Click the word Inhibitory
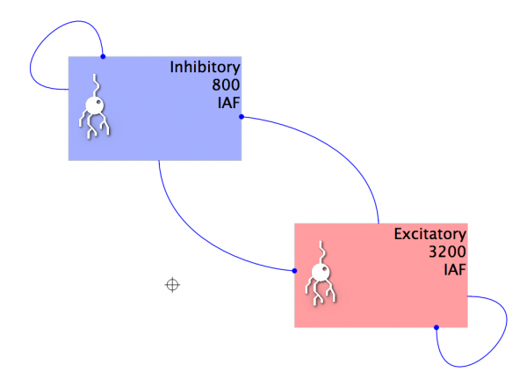pyautogui.click(x=205, y=68)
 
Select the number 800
pyautogui.click(x=225, y=85)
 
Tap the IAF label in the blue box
pyautogui.click(x=227, y=102)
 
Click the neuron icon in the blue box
pyautogui.click(x=94, y=108)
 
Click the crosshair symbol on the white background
pyautogui.click(x=173, y=284)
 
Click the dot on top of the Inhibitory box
pyautogui.click(x=103, y=57)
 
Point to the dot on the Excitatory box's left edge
pyautogui.click(x=294, y=271)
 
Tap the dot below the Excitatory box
pyautogui.click(x=436, y=328)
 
